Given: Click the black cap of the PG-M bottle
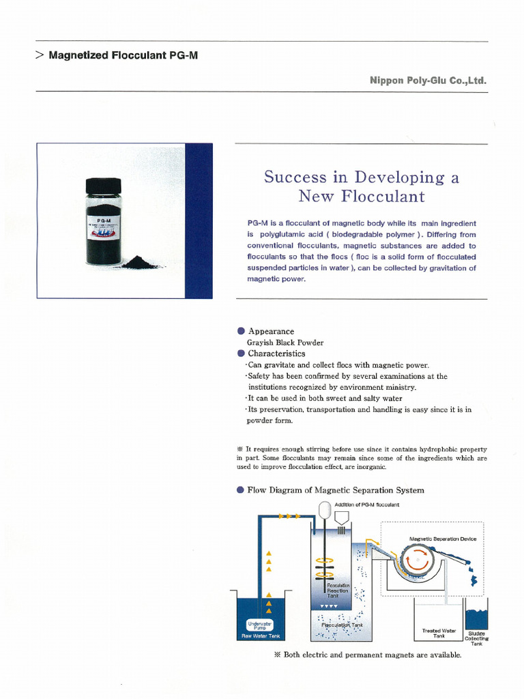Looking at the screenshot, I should click(103, 185).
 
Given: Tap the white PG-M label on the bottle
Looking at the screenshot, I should click(103, 229).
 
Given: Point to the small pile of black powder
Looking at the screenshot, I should click(139, 262).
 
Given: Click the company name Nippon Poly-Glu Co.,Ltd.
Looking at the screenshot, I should click(428, 81).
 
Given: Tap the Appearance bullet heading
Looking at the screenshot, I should click(271, 331).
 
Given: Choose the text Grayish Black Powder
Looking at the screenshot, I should click(285, 342).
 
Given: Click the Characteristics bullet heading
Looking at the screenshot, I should click(276, 354).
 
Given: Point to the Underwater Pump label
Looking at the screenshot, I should click(260, 625).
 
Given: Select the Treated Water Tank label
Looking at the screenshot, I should click(439, 633).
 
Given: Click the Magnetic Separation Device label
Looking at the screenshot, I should click(443, 539).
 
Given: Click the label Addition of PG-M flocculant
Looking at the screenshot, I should click(366, 504).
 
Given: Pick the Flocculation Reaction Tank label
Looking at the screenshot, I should click(338, 590).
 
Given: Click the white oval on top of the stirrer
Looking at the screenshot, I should click(325, 510).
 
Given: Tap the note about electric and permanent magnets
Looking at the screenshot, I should click(367, 655).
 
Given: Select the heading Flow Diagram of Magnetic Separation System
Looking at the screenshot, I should click(335, 490).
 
